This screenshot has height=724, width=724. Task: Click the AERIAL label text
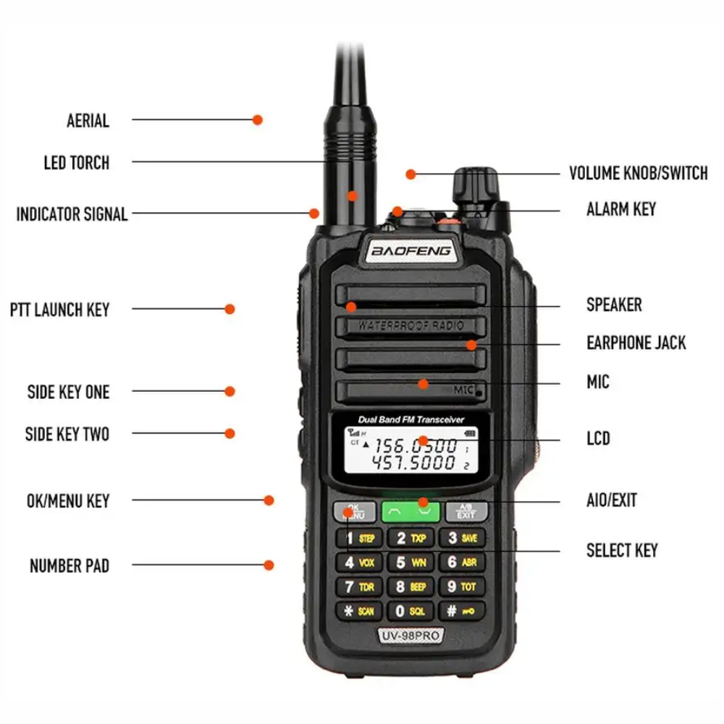(x=88, y=120)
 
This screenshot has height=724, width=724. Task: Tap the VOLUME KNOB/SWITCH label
(x=638, y=174)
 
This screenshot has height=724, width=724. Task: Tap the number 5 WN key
(x=409, y=562)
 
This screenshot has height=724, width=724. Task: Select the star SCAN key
(x=358, y=610)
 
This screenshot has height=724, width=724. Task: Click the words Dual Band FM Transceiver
(x=411, y=420)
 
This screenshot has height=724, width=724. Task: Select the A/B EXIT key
(x=465, y=511)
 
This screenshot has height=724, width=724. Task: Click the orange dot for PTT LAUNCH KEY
(x=230, y=309)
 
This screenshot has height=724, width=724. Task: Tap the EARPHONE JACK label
(x=636, y=342)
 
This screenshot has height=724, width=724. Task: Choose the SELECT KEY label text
(x=622, y=550)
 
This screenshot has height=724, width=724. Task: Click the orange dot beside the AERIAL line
(x=257, y=120)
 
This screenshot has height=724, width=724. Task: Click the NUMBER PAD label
(x=70, y=565)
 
